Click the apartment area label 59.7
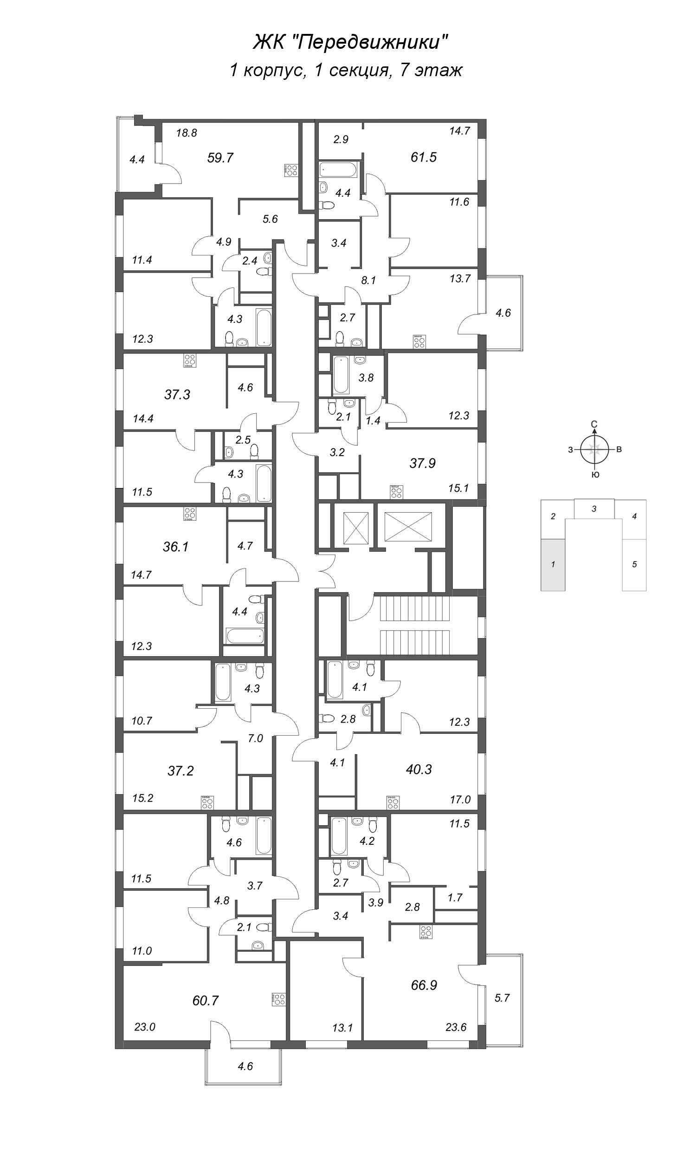(220, 158)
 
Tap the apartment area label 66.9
(424, 985)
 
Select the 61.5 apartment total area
(424, 157)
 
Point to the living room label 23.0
(144, 1027)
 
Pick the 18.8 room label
(186, 133)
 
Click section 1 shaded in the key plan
(553, 565)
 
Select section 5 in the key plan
(634, 565)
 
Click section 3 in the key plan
(594, 509)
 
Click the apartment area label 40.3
(419, 770)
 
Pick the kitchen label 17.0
(460, 800)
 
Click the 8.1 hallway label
(368, 280)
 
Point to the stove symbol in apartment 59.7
(291, 170)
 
